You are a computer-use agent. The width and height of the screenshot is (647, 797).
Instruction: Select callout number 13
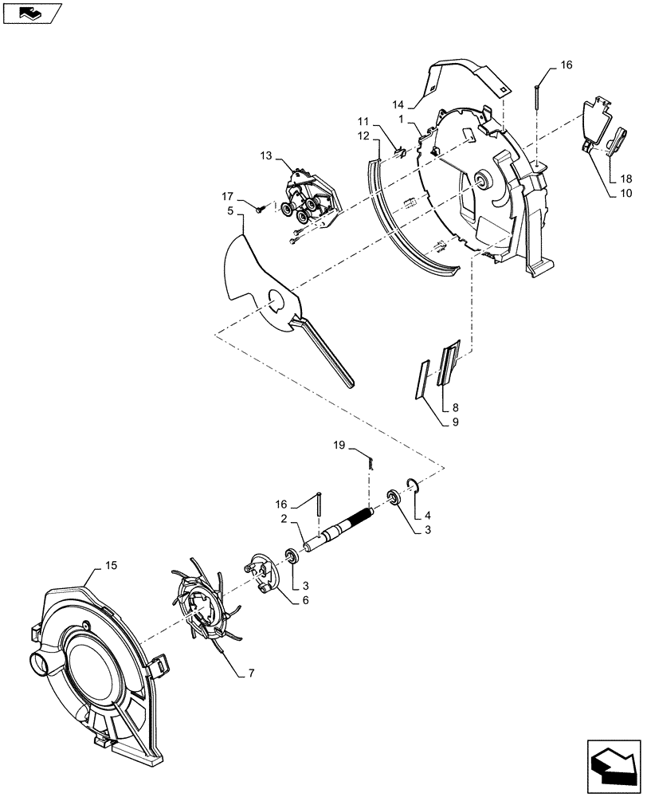click(x=265, y=157)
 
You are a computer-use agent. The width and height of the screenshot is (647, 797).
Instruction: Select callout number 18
click(x=625, y=178)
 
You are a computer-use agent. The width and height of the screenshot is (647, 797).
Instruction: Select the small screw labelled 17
click(x=261, y=209)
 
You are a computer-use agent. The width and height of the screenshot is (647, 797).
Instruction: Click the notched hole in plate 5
click(x=276, y=300)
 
